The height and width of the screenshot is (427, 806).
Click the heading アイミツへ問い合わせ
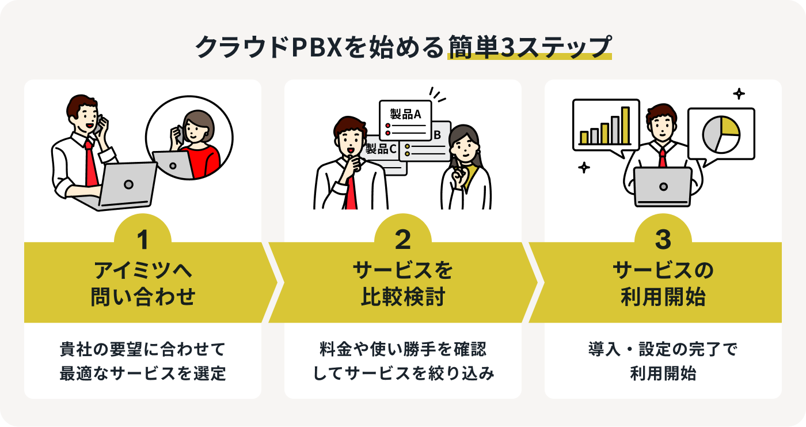[143, 284]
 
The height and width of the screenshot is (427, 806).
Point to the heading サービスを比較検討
[403, 284]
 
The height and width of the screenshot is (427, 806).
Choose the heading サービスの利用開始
[663, 284]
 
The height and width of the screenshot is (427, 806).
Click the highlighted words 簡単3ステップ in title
[529, 47]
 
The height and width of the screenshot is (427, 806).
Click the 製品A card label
[405, 114]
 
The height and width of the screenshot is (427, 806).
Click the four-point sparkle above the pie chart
[739, 93]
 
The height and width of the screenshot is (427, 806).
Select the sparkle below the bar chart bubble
[584, 168]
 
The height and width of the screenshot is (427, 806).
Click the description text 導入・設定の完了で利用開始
[663, 361]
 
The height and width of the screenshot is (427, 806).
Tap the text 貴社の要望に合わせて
[142, 349]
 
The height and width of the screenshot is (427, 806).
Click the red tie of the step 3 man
[663, 156]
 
